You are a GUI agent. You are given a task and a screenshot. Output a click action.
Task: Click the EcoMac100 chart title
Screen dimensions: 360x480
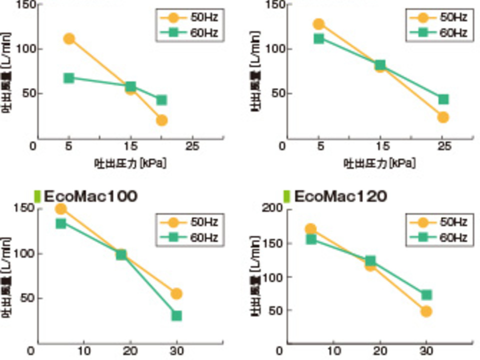point(90,196)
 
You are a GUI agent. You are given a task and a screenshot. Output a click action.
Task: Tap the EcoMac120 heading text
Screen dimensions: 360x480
point(340,196)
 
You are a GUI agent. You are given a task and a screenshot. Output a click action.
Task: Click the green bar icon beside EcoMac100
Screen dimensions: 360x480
point(36,196)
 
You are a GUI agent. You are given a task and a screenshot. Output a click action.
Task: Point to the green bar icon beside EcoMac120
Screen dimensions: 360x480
point(286,196)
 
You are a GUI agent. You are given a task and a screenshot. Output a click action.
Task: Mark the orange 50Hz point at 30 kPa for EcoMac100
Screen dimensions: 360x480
point(176,293)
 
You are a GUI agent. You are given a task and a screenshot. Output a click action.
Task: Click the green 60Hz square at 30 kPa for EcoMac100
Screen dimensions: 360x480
point(176,315)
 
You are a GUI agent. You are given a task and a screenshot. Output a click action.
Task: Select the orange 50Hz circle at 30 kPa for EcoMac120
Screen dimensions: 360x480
point(426,311)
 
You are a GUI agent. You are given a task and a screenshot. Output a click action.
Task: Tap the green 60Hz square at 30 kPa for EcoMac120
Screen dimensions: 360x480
point(426,295)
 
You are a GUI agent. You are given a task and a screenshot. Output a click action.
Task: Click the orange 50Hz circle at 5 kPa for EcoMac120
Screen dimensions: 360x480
point(310,229)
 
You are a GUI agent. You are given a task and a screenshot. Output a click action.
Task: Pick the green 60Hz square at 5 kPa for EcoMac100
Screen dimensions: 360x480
point(61,223)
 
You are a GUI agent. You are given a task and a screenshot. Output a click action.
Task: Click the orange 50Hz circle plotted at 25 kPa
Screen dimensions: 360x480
point(443,117)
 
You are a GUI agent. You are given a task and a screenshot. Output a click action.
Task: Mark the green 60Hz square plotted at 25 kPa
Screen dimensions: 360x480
point(443,99)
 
